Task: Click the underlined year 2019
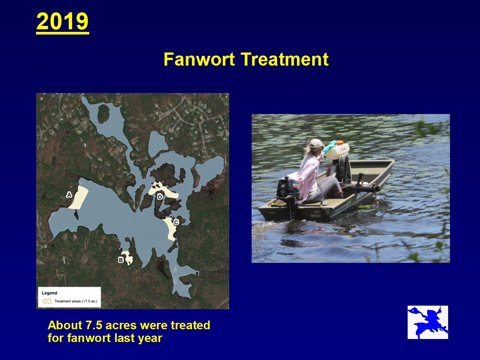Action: tap(63, 21)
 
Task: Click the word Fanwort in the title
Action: tap(199, 59)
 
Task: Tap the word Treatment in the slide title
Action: tap(285, 59)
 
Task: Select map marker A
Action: tap(69, 195)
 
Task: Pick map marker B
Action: tap(121, 260)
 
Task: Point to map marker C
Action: tap(176, 222)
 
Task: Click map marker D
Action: tap(160, 197)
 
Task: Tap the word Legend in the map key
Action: tap(49, 293)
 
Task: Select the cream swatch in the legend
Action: tap(47, 301)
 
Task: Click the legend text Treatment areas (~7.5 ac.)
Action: tap(76, 301)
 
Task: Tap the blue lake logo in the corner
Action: tap(428, 322)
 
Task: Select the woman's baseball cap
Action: tap(316, 144)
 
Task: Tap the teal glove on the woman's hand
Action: tap(330, 147)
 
